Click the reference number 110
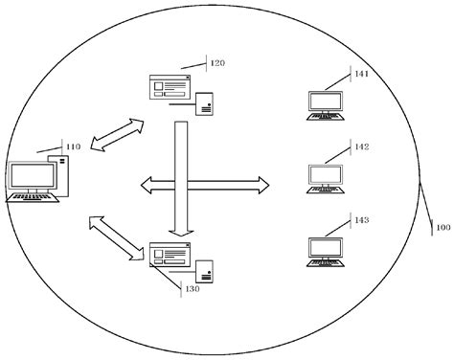[73, 147]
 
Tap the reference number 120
[217, 64]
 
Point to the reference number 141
[361, 74]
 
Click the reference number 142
[361, 147]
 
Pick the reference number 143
[361, 220]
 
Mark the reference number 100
[443, 228]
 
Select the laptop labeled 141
[325, 105]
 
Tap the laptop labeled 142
[325, 178]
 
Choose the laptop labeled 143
[325, 251]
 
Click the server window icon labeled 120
[170, 89]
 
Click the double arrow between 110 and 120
[117, 135]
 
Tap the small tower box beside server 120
[204, 103]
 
